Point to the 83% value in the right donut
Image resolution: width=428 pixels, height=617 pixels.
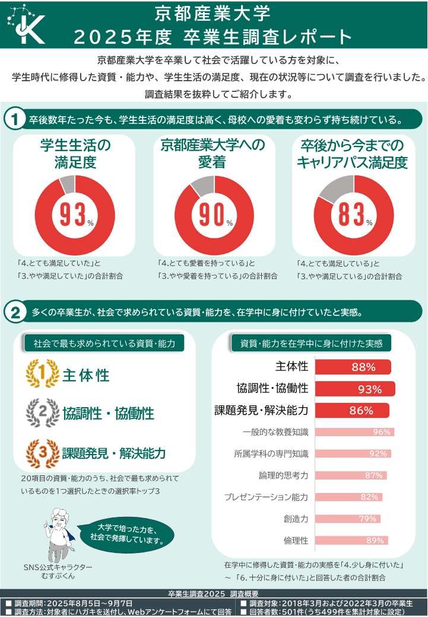pyautogui.click(x=352, y=215)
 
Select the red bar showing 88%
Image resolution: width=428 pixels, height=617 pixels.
pyautogui.click(x=353, y=367)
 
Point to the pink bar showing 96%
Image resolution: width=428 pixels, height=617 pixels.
pyautogui.click(x=354, y=432)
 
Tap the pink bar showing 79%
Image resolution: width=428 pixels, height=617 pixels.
pyautogui.click(x=347, y=519)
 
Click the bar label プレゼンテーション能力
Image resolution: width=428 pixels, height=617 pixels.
pyautogui.click(x=266, y=497)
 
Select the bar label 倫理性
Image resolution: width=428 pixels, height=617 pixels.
pyautogui.click(x=296, y=540)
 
